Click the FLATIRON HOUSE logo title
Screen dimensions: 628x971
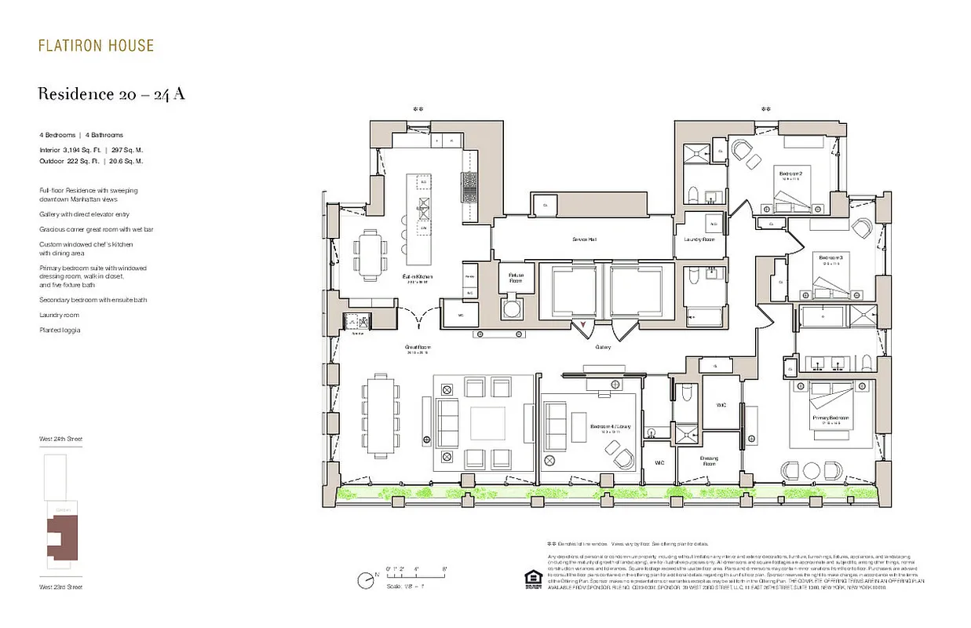click(96, 46)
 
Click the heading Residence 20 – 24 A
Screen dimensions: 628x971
click(111, 94)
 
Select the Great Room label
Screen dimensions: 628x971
click(418, 348)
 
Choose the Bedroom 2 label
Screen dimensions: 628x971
click(790, 173)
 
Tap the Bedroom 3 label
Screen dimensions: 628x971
click(830, 257)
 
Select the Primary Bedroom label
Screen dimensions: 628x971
click(831, 418)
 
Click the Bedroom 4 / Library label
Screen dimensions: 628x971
click(610, 426)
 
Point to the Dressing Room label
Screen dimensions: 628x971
click(709, 461)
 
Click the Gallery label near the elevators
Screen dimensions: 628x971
click(603, 346)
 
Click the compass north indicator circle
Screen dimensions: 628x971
click(364, 581)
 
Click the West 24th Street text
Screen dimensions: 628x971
click(60, 439)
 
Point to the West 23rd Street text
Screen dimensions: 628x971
click(60, 586)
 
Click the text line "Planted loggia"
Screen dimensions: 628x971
click(60, 330)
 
